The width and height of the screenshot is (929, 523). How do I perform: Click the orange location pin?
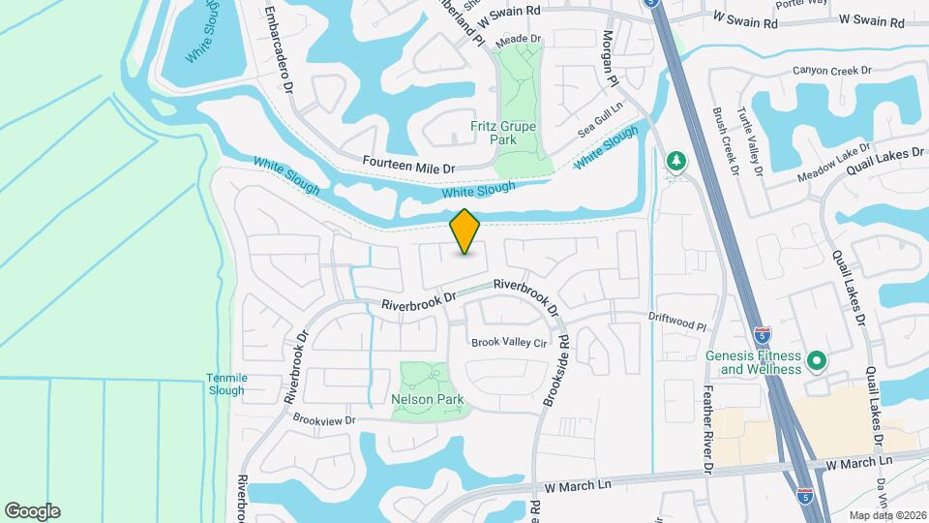(465, 231)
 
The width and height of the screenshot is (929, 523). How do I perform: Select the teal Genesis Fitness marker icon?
(816, 361)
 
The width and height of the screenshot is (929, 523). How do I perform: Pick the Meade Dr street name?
(517, 39)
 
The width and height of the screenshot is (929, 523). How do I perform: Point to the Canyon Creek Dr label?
(832, 71)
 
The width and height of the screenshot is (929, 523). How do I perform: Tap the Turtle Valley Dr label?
(752, 140)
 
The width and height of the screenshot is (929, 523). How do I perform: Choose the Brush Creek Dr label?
(725, 140)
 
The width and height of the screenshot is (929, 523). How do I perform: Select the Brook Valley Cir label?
(509, 343)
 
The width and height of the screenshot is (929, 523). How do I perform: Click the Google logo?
(32, 510)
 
